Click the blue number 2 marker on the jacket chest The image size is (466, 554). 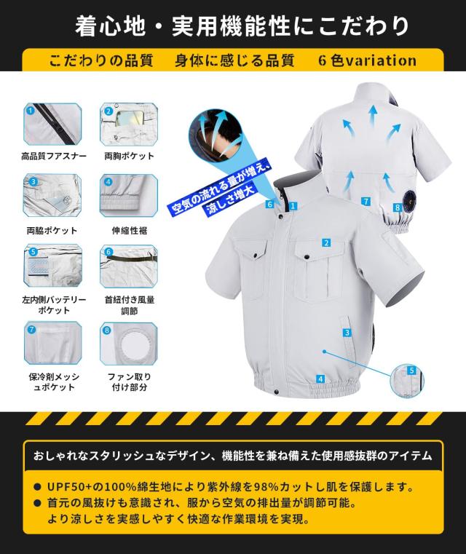coord(327,243)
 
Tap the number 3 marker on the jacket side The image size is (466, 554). coord(348,333)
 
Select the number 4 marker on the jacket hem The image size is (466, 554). coord(320,379)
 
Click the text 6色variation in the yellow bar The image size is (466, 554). coord(367,60)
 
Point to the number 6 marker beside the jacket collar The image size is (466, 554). coord(269,205)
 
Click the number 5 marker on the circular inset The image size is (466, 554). coord(412,371)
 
